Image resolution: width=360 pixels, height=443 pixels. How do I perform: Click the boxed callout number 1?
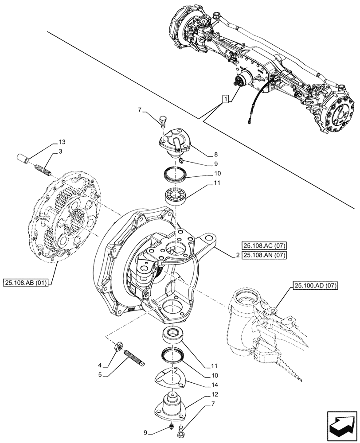(x=226, y=99)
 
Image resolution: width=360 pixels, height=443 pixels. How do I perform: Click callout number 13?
(x=61, y=142)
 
